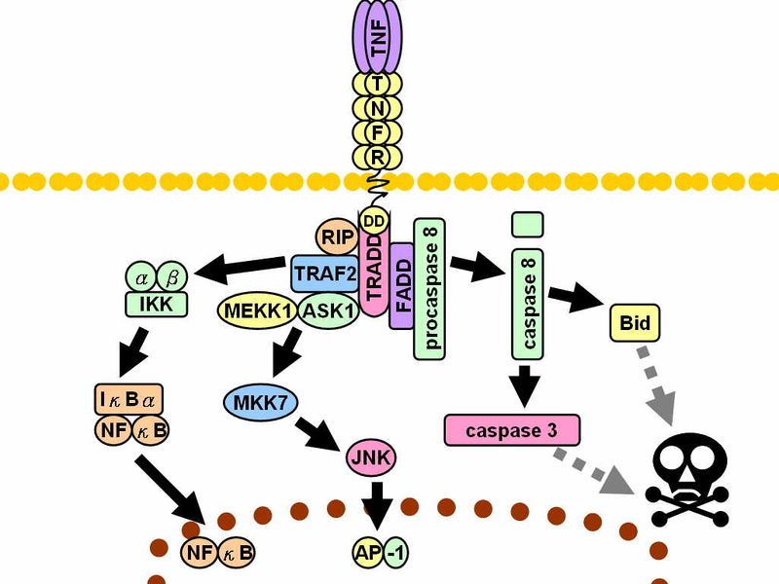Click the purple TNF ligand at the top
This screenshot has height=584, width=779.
click(375, 37)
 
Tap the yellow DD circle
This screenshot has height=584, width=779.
click(373, 221)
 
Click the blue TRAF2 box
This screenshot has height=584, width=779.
click(325, 274)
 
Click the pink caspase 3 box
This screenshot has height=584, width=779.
click(511, 429)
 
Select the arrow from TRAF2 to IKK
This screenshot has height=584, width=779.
click(237, 266)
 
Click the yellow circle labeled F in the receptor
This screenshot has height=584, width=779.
click(375, 132)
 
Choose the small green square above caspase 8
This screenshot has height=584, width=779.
click(526, 224)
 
